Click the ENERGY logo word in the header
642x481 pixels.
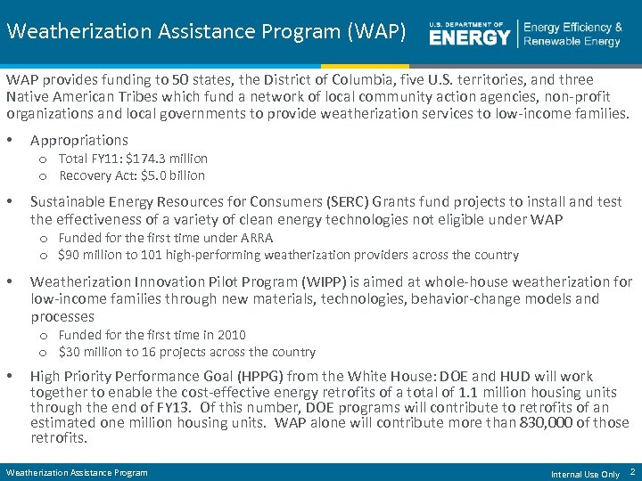pyautogui.click(x=470, y=37)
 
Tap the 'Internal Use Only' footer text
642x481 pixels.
pyautogui.click(x=585, y=474)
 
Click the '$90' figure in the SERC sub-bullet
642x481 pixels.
pyautogui.click(x=70, y=255)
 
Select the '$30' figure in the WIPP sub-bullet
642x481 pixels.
pyautogui.click(x=70, y=352)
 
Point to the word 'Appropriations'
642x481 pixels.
pyautogui.click(x=79, y=140)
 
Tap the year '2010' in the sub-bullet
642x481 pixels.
pyautogui.click(x=230, y=335)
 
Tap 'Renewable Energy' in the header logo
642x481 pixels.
pyautogui.click(x=572, y=42)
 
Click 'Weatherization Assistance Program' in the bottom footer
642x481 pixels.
pyautogui.click(x=77, y=472)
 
